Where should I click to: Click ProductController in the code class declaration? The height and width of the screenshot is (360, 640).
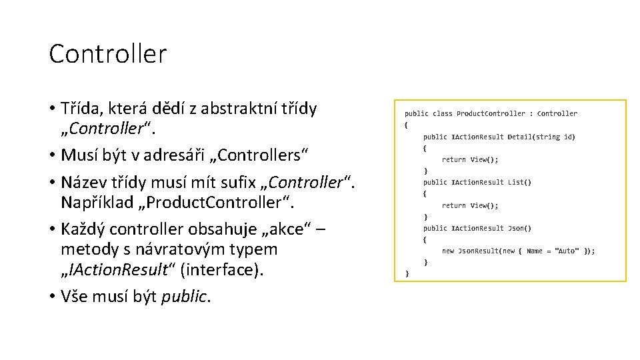(x=491, y=114)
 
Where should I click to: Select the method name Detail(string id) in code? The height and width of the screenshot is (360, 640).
(x=541, y=137)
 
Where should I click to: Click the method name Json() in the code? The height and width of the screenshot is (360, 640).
(x=519, y=228)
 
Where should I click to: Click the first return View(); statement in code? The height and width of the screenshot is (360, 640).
(x=469, y=159)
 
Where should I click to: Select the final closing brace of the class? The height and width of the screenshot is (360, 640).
(x=407, y=273)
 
